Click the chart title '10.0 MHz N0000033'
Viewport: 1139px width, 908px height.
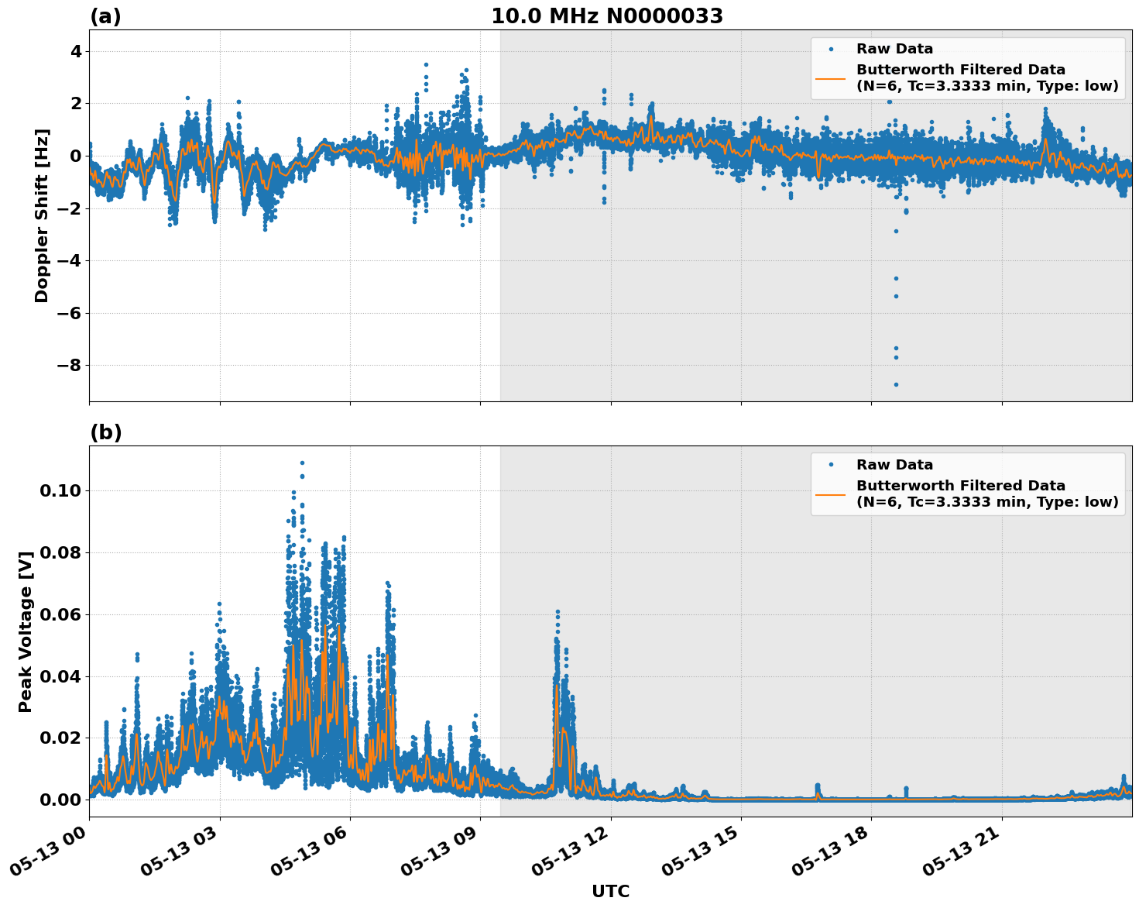(606, 16)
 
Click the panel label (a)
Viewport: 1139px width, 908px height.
(105, 16)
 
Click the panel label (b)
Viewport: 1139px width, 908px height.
(105, 432)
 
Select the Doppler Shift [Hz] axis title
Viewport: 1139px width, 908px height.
(42, 215)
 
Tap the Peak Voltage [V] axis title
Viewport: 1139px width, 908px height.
(26, 631)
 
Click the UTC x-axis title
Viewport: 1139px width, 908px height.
(610, 892)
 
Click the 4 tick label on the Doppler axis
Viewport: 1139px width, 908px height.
(76, 52)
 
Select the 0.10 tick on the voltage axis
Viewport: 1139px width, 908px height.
(63, 491)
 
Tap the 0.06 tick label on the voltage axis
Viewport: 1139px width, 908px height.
(63, 615)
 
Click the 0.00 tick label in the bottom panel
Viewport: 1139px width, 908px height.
(63, 800)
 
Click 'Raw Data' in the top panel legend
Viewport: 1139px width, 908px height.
(894, 50)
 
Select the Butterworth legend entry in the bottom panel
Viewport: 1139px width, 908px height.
(986, 494)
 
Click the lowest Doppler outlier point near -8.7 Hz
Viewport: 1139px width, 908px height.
(896, 384)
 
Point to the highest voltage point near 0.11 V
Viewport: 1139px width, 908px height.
(302, 463)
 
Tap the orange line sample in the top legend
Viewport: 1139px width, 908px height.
(831, 78)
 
